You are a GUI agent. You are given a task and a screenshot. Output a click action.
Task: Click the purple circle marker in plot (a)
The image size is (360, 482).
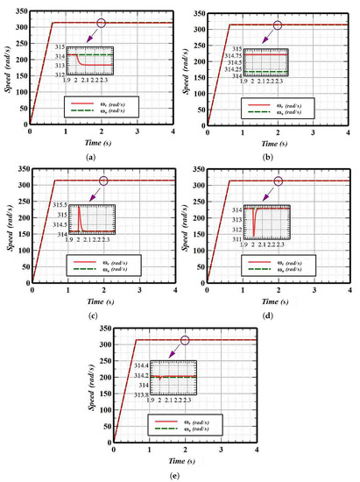tap(102, 23)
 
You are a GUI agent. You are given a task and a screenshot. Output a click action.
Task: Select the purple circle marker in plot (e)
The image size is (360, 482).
tap(185, 340)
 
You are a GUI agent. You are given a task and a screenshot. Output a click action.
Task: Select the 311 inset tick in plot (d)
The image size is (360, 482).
tap(236, 239)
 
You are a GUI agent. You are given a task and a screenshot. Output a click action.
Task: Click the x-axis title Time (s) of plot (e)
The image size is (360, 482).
tap(185, 459)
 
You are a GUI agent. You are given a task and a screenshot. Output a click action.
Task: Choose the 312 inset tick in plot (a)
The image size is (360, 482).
tap(60, 74)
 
